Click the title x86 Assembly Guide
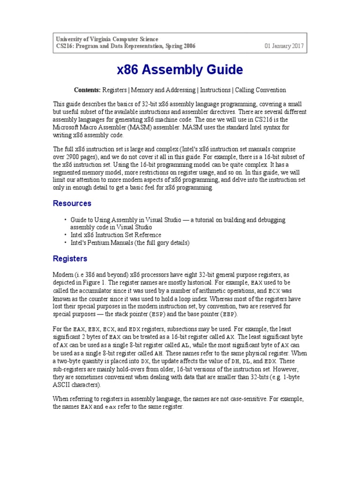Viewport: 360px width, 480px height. [x=180, y=70]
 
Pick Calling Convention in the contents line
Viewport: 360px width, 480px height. [x=261, y=90]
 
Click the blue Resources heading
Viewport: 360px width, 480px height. [x=72, y=203]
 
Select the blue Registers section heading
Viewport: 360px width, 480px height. [x=70, y=258]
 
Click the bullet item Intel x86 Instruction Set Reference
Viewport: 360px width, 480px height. [x=116, y=235]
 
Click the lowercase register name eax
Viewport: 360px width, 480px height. [x=110, y=407]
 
